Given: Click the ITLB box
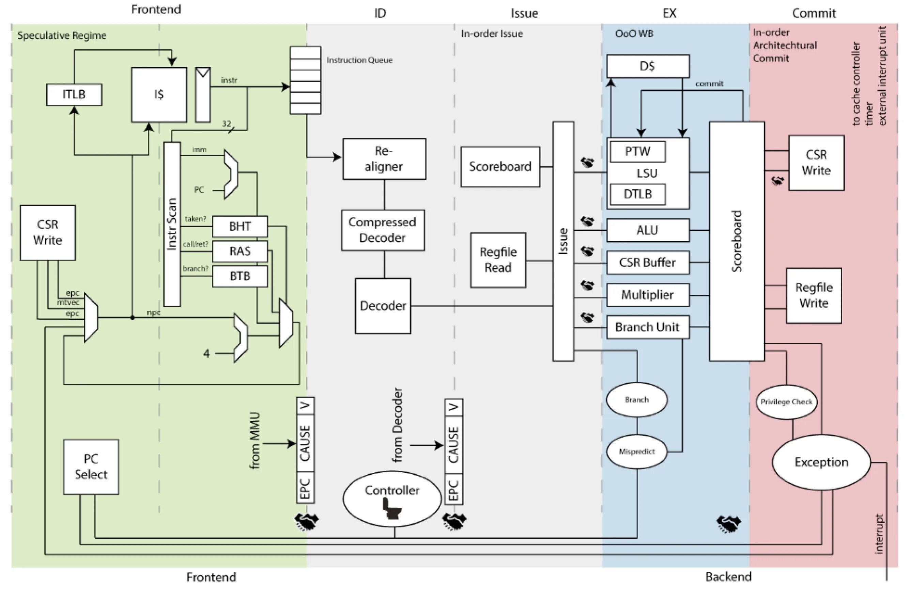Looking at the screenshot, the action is point(74,94).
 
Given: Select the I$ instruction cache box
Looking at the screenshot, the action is point(159,95).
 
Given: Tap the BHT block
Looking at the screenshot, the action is point(240,227).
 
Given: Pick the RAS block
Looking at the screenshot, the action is point(240,251).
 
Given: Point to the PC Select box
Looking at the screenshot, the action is point(91,467).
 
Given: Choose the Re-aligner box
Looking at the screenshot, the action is point(384,159).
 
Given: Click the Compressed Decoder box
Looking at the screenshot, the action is point(383,230).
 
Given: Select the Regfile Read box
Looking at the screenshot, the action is point(498,260).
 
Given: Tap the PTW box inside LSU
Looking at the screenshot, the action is point(637,152).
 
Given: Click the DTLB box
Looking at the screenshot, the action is point(637,194).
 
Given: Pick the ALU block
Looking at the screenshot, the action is point(648,230).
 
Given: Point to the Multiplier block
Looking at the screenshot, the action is point(648,295).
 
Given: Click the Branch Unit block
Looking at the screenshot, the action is point(648,327).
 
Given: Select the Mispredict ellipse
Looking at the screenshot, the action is point(637,452).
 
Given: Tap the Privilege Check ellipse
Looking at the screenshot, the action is point(787,402).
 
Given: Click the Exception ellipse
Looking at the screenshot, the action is point(821,462).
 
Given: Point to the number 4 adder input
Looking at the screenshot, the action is point(206,353).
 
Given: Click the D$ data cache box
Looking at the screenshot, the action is point(648,66).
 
